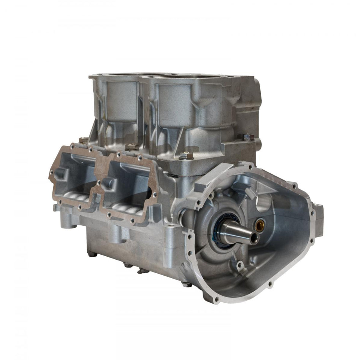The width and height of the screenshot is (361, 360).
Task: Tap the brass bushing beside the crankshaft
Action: [261, 226]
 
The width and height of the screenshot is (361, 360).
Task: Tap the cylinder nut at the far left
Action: [83, 140]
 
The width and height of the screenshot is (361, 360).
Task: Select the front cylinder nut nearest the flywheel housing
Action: [186, 155]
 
